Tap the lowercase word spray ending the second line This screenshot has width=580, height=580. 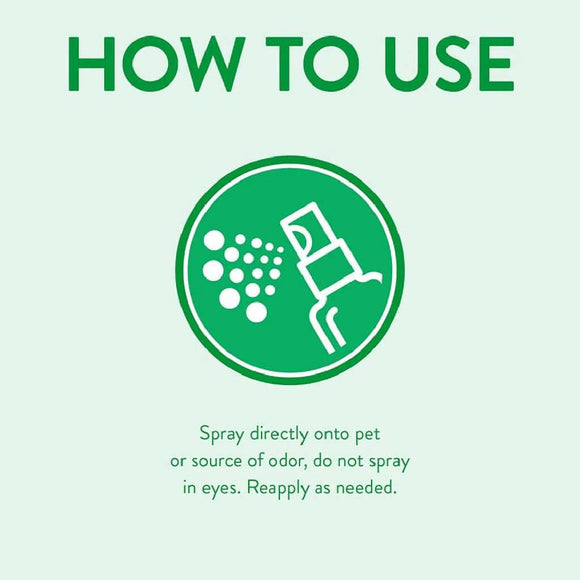pos(389,464)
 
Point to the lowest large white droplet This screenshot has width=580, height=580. pos(257,312)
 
